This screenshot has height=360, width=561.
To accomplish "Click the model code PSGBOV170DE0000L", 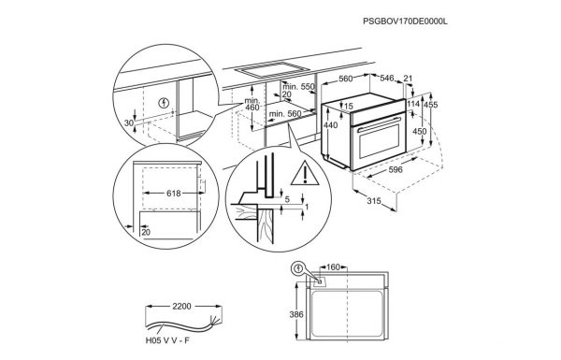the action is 405,22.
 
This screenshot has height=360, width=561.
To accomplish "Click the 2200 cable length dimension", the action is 181,307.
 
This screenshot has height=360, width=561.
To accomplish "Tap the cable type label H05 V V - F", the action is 167,340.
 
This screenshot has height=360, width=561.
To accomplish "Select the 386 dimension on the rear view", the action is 296,314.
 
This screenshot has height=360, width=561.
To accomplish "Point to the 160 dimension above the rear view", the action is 333,266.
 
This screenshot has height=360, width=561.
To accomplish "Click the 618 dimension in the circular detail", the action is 174,194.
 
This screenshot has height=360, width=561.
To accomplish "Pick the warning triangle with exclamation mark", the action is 305,173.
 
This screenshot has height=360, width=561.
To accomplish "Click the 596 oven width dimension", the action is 396,169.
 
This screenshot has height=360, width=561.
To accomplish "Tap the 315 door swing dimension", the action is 374,201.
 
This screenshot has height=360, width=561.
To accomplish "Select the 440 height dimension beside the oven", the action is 330,125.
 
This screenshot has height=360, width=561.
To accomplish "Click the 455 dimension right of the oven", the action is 431,105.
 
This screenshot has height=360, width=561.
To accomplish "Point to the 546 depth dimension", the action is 387,78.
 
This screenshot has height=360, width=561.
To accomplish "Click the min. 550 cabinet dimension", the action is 298,87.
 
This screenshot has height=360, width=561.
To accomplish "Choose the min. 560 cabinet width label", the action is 285,114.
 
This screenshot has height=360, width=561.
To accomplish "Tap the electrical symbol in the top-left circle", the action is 164,104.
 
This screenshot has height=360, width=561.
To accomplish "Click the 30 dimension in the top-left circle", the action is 129,122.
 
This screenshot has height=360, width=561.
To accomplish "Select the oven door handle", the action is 379,123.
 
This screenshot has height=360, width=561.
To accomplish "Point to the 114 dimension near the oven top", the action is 413,104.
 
